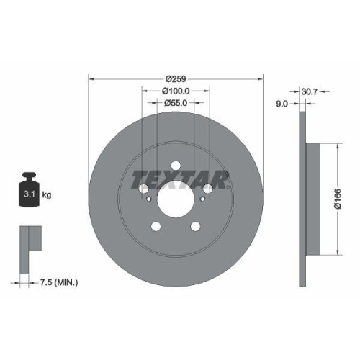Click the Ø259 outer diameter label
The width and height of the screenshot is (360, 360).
(176, 78)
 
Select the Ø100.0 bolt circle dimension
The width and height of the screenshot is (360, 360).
(176, 91)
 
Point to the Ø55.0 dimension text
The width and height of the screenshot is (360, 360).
(176, 103)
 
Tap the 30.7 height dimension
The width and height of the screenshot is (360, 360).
(310, 91)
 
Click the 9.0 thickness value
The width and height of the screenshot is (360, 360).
(282, 104)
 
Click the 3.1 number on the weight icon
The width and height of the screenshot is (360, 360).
(29, 194)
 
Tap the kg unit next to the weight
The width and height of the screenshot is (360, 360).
(47, 195)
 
